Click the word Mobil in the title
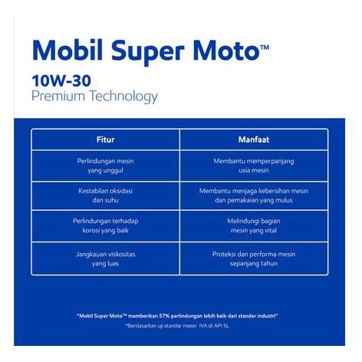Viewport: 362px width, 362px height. (x=67, y=51)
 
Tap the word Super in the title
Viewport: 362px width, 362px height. (x=148, y=52)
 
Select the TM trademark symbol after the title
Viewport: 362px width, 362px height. (x=265, y=48)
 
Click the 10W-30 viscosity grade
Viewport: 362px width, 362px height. (x=61, y=81)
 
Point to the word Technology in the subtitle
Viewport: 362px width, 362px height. (x=123, y=97)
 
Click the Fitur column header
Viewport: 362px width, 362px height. (x=105, y=140)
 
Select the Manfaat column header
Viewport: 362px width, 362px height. (x=254, y=140)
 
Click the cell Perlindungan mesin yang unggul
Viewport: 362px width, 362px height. (x=105, y=166)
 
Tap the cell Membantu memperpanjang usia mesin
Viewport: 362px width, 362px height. (x=254, y=166)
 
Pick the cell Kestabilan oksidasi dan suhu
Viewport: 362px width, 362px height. (x=105, y=196)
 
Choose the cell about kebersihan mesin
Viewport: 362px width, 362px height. (x=254, y=196)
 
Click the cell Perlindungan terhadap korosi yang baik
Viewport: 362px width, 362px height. (x=105, y=225)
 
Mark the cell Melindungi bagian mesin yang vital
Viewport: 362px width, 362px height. (x=254, y=225)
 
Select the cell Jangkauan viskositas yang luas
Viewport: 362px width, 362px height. (x=105, y=259)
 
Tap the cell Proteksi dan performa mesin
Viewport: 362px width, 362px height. (x=254, y=259)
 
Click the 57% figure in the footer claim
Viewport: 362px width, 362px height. (x=164, y=316)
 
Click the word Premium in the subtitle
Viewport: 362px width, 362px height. (x=58, y=96)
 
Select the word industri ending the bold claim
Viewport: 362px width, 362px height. (x=268, y=316)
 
